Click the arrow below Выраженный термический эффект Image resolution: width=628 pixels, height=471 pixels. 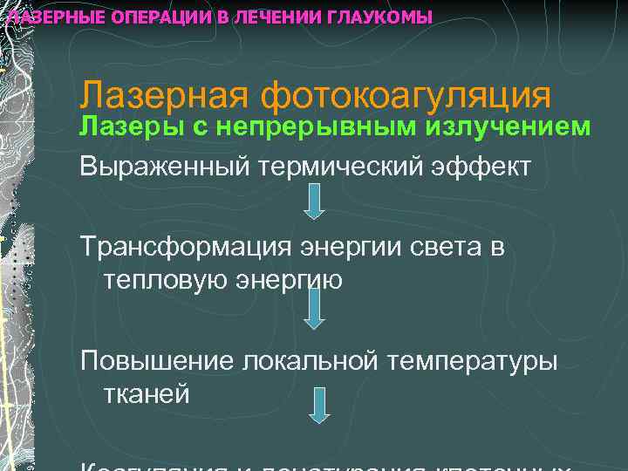pyautogui.click(x=316, y=201)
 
